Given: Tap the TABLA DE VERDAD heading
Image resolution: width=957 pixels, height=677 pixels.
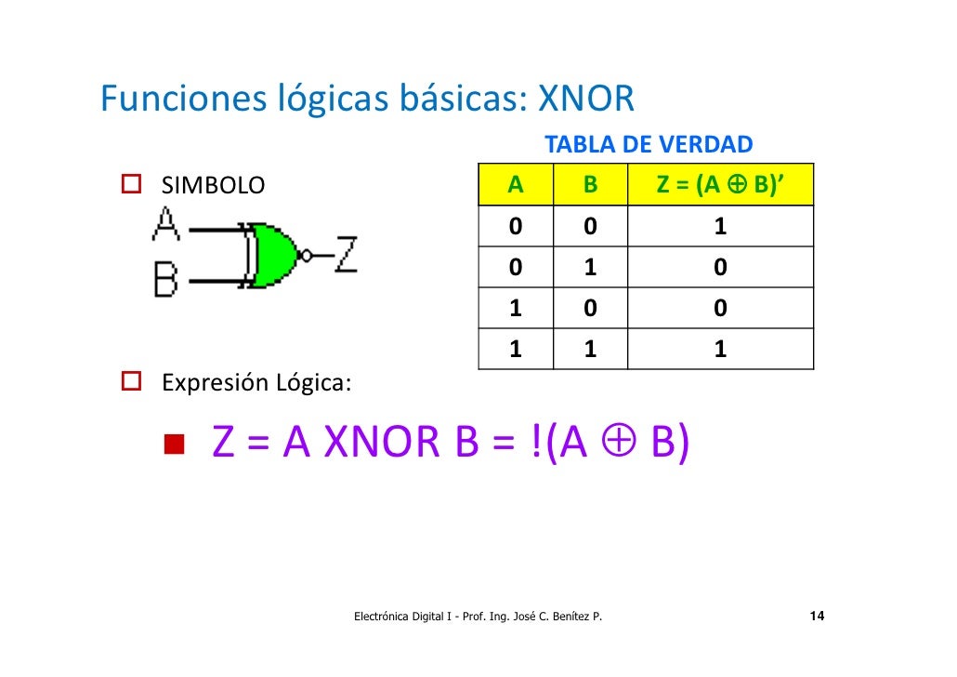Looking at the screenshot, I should click(x=648, y=145).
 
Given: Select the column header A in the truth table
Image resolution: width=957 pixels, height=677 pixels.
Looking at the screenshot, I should click(x=516, y=184).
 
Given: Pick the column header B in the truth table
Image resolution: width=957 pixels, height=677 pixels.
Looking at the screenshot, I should click(x=590, y=184).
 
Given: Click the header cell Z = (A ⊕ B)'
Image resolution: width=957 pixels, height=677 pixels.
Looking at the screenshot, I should click(x=720, y=184).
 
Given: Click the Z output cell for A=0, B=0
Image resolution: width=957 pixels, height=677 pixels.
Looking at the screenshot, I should click(x=720, y=227).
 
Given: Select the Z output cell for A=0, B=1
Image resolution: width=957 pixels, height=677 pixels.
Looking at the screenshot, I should click(x=720, y=268).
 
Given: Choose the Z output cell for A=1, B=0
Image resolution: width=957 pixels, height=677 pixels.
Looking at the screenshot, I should click(x=720, y=308).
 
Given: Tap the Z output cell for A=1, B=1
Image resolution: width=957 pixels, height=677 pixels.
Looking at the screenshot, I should click(x=720, y=349).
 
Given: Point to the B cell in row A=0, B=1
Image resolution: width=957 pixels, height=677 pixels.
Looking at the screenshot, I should click(x=590, y=268).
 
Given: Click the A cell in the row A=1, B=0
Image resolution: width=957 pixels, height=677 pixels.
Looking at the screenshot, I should click(x=516, y=308).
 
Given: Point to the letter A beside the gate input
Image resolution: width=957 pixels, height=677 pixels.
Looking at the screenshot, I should click(x=166, y=224).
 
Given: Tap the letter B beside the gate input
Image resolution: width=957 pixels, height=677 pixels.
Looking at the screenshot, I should click(x=166, y=278).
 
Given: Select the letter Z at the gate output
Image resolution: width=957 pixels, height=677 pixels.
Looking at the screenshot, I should click(x=345, y=253).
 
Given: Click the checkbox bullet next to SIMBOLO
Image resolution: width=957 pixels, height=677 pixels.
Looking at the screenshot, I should click(x=131, y=185).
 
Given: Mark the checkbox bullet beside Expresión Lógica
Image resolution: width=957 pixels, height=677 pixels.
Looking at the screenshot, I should click(x=131, y=382).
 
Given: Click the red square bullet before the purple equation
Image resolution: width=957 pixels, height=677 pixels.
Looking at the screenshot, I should click(x=174, y=444).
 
